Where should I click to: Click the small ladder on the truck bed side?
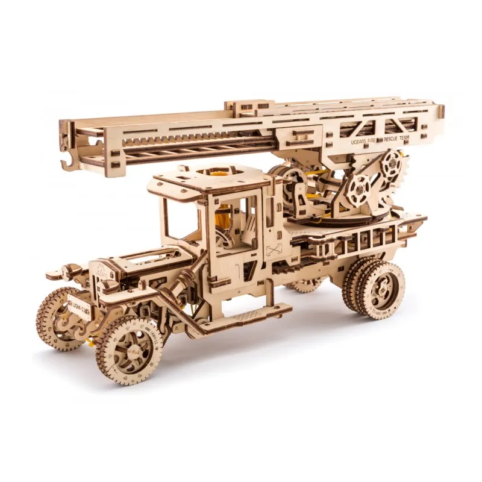[x=355, y=240]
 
